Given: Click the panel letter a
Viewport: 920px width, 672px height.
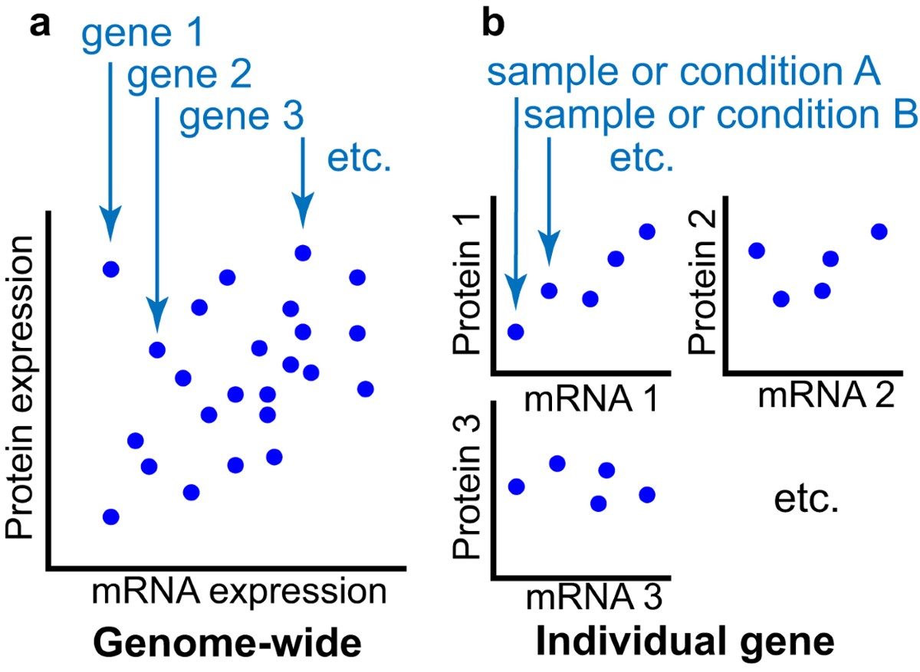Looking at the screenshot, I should click(41, 26).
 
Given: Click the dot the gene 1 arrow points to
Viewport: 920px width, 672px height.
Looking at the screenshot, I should click(111, 269).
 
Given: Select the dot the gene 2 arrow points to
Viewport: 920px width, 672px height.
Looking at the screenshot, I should click(157, 350).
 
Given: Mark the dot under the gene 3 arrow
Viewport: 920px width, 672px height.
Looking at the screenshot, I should click(303, 252).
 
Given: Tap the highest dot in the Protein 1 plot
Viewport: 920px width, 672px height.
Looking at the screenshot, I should click(646, 231).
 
